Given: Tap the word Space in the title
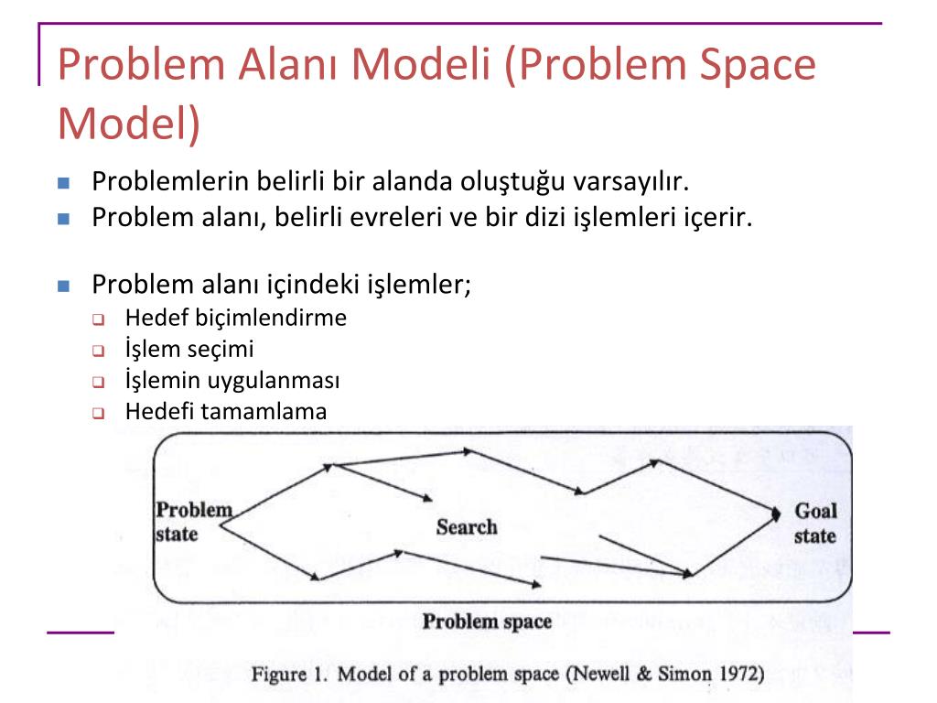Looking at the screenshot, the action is pyautogui.click(x=747, y=66).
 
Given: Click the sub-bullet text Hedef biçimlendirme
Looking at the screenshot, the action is pyautogui.click(x=236, y=319).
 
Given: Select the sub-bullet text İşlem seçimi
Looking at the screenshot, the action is pyautogui.click(x=189, y=350).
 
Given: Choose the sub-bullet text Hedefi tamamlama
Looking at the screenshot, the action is pyautogui.click(x=226, y=412).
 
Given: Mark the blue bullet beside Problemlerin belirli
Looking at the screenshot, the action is pyautogui.click(x=63, y=182).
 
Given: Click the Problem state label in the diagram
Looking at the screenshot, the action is pyautogui.click(x=192, y=522).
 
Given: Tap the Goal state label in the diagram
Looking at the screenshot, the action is pyautogui.click(x=814, y=524).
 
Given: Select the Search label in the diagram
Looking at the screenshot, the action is pyautogui.click(x=467, y=527).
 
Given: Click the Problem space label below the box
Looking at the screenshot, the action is pyautogui.click(x=487, y=622).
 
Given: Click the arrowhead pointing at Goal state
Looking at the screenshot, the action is pyautogui.click(x=777, y=511).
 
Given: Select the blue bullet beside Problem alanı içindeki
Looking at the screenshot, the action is pyautogui.click(x=63, y=285).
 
